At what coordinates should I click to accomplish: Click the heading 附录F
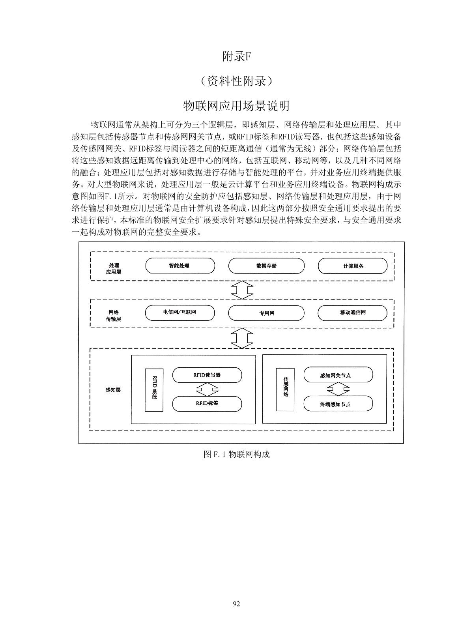point(236,57)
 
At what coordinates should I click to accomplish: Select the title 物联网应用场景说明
point(236,106)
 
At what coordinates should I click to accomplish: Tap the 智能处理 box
point(180,266)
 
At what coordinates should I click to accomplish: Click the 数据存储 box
point(266,266)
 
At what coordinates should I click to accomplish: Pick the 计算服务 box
point(353,266)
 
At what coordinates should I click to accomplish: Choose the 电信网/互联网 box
point(180,313)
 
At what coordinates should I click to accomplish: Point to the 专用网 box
point(266,313)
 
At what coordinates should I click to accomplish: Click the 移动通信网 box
point(353,313)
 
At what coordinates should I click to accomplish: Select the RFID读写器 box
point(207,375)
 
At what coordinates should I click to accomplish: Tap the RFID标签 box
point(207,403)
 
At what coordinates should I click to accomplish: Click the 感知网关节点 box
point(338,375)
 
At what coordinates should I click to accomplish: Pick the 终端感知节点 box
point(338,404)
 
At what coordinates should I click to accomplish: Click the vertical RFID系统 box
point(154,389)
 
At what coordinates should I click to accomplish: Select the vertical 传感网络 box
point(286,389)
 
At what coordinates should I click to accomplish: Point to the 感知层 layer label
point(113,390)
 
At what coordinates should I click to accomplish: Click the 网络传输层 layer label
point(113,316)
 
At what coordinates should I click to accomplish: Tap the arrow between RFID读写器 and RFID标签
point(207,389)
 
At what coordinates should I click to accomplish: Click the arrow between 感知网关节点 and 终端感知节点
point(338,389)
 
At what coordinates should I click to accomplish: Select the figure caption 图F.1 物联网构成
point(236,454)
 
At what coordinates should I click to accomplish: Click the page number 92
point(236,603)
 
